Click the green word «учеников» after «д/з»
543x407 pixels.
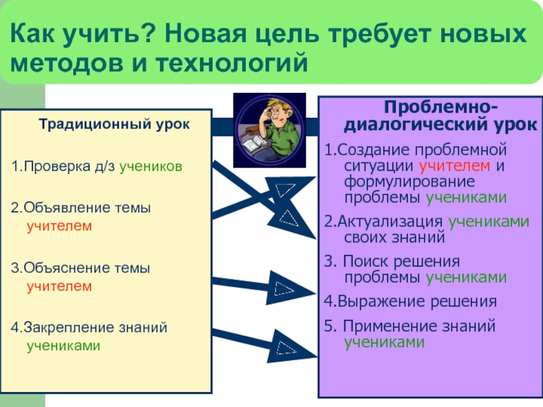(x=151, y=167)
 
